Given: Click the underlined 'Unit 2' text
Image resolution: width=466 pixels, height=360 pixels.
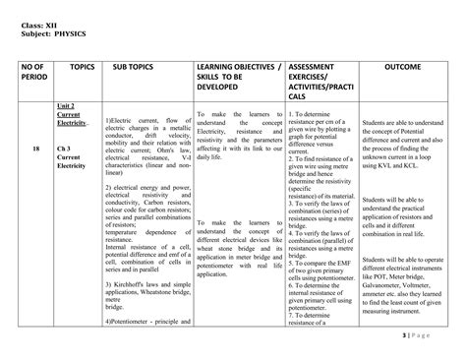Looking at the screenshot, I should [66, 104].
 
